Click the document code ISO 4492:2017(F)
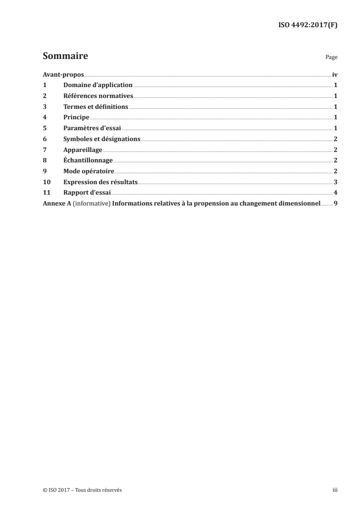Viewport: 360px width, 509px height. pyautogui.click(x=307, y=25)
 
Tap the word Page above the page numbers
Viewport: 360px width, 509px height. pyautogui.click(x=331, y=58)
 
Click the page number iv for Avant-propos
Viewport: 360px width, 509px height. pyautogui.click(x=335, y=74)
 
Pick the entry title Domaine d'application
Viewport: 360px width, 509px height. pyautogui.click(x=98, y=85)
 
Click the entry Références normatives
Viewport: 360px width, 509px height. pyautogui.click(x=98, y=96)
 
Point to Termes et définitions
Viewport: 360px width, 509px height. pyautogui.click(x=96, y=107)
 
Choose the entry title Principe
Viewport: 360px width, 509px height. pyautogui.click(x=76, y=117)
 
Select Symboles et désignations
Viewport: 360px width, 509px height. pyautogui.click(x=102, y=139)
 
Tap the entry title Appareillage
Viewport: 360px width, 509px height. pyautogui.click(x=83, y=149)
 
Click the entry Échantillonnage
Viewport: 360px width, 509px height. pyautogui.click(x=88, y=160)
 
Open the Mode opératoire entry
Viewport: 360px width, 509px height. pyautogui.click(x=89, y=171)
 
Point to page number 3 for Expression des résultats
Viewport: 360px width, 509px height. pyautogui.click(x=335, y=181)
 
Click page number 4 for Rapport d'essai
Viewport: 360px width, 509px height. pyautogui.click(x=335, y=192)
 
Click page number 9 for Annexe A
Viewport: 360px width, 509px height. pyautogui.click(x=335, y=203)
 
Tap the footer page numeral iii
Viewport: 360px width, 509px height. pyautogui.click(x=335, y=490)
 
